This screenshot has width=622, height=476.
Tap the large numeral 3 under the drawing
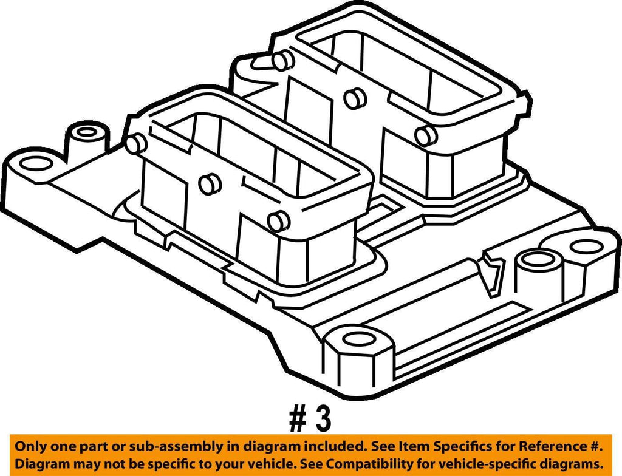pos(323,420)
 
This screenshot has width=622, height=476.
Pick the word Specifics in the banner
pos(461,447)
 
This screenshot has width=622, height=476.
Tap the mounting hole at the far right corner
pos(586,246)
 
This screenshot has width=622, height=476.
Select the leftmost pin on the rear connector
pos(282,61)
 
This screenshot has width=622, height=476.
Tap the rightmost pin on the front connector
pos(278,221)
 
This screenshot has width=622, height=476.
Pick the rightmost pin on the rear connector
pos(426,135)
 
